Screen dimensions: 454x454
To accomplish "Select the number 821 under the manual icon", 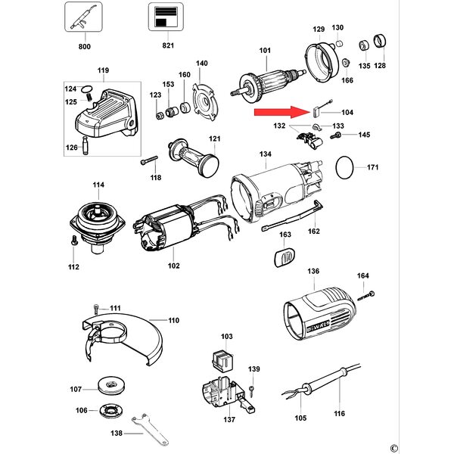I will (x=168, y=46).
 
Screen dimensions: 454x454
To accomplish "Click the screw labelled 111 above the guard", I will (x=96, y=308).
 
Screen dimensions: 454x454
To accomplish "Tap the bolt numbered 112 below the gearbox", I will (x=73, y=241).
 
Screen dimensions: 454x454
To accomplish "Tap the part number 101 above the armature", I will (x=265, y=51).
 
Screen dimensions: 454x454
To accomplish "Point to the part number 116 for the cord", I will (x=340, y=414).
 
